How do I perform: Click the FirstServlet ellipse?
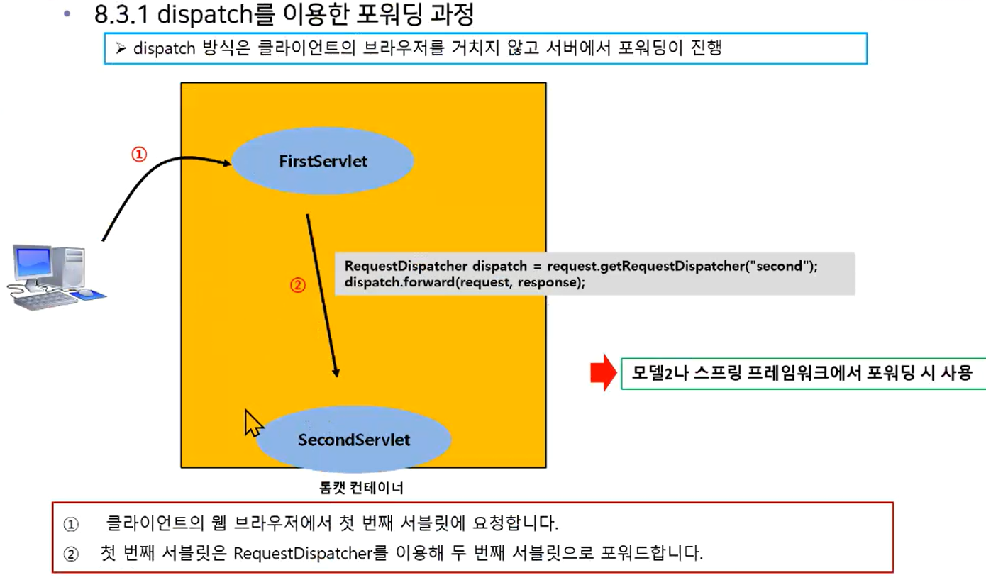[323, 161]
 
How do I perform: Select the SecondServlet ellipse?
[353, 439]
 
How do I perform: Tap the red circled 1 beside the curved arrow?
[139, 155]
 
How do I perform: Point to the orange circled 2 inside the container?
[298, 285]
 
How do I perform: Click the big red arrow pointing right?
[603, 373]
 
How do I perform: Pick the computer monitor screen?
[33, 263]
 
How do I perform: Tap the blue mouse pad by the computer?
[89, 294]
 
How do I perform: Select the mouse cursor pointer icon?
[253, 423]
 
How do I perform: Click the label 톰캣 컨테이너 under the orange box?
[361, 488]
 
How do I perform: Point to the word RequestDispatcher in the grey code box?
[406, 266]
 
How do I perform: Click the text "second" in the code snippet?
[777, 266]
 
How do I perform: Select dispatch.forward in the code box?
[399, 281]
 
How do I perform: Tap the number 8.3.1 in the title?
[122, 14]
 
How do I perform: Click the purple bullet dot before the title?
[67, 14]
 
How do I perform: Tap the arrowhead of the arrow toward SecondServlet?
[336, 372]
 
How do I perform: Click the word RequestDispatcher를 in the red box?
[310, 553]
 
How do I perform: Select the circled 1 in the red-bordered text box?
[71, 524]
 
